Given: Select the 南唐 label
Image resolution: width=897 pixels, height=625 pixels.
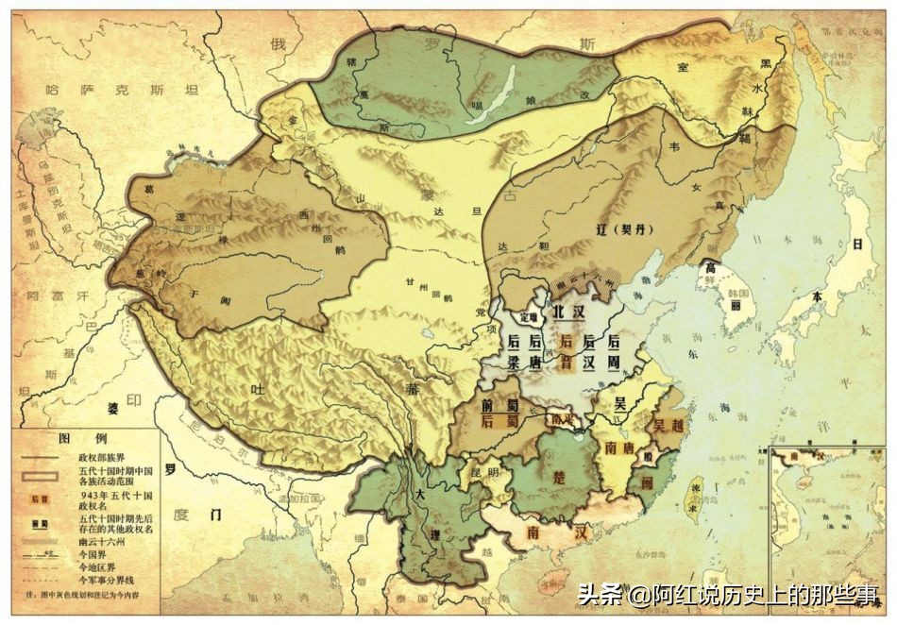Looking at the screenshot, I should click(x=618, y=447).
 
